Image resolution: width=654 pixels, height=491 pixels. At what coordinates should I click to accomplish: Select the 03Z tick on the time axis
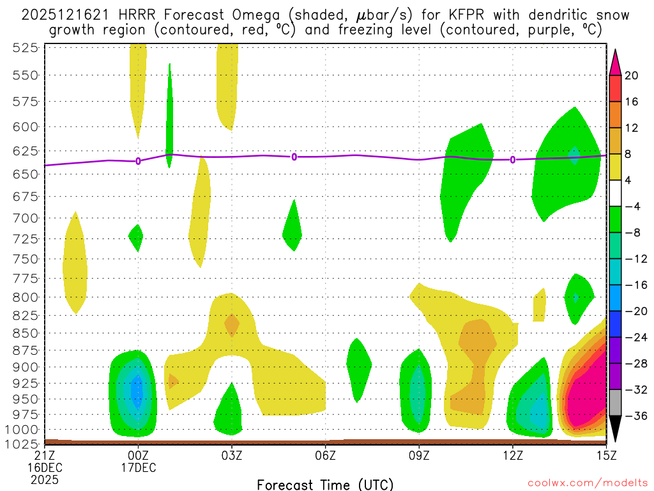tap(232, 455)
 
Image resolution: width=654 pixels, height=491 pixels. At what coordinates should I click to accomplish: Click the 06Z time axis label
tap(326, 455)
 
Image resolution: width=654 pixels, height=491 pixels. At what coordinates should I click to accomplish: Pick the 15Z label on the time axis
tap(606, 455)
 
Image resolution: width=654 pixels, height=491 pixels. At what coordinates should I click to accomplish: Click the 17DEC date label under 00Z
tap(139, 467)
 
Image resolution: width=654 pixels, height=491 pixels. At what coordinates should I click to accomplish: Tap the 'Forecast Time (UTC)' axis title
tap(325, 484)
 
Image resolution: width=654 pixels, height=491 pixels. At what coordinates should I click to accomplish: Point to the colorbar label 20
tap(632, 75)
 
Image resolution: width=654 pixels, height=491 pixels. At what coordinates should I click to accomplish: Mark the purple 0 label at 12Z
tap(513, 159)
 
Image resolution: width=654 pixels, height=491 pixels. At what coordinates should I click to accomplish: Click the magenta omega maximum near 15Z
tap(584, 400)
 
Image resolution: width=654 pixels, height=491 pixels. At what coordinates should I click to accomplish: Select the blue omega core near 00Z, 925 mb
tap(135, 390)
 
